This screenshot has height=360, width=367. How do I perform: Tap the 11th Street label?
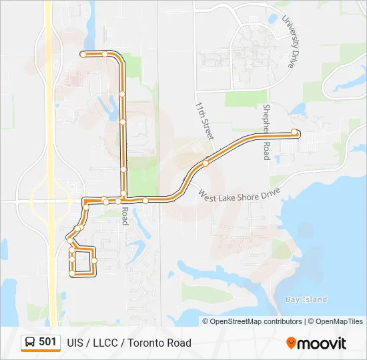click(x=204, y=120)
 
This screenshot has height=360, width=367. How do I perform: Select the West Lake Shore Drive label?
click(x=239, y=195)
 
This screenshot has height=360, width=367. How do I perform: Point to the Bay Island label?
click(x=306, y=300)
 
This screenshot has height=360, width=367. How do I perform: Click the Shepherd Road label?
click(x=265, y=132)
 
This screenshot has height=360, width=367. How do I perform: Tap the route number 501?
click(x=47, y=342)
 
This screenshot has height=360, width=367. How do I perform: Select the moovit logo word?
click(x=322, y=343)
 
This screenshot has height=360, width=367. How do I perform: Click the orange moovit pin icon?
click(x=291, y=343)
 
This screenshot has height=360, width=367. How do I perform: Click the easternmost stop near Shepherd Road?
click(x=294, y=132)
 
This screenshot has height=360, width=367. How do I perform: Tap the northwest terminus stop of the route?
click(x=83, y=54)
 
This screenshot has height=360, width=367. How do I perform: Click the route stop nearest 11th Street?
click(x=206, y=163)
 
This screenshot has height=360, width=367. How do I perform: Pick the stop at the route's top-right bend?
click(x=105, y=53)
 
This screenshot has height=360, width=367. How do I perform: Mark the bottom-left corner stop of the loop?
click(x=72, y=273)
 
